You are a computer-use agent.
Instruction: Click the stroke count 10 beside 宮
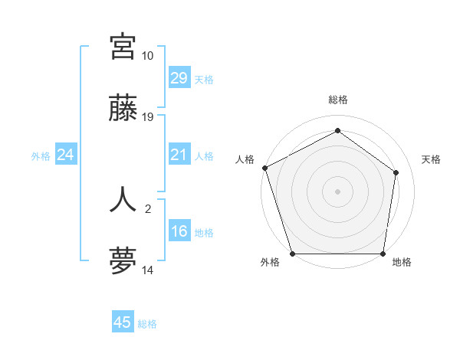click(147, 56)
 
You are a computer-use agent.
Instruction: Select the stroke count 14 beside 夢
click(147, 270)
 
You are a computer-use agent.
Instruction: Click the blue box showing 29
click(179, 78)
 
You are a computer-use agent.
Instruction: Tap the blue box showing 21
click(179, 155)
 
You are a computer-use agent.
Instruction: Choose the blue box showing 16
click(179, 231)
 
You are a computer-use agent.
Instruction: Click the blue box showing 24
click(65, 155)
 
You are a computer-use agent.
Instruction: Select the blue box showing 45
click(123, 322)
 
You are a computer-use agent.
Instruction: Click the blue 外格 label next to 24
click(41, 156)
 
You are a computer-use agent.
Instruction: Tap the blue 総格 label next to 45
click(147, 324)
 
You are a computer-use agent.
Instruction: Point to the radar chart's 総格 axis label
click(337, 100)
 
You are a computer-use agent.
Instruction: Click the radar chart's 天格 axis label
click(431, 159)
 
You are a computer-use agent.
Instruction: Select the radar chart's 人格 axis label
click(245, 159)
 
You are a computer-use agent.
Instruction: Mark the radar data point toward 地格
click(383, 254)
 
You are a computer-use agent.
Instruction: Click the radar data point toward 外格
click(292, 254)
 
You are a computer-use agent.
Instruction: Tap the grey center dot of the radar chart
click(337, 191)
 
